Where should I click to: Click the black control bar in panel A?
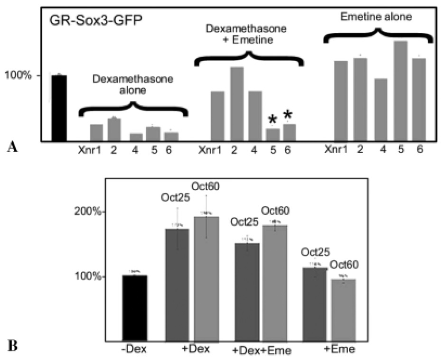59,108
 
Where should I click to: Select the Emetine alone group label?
376,18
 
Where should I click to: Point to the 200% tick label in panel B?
90,212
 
